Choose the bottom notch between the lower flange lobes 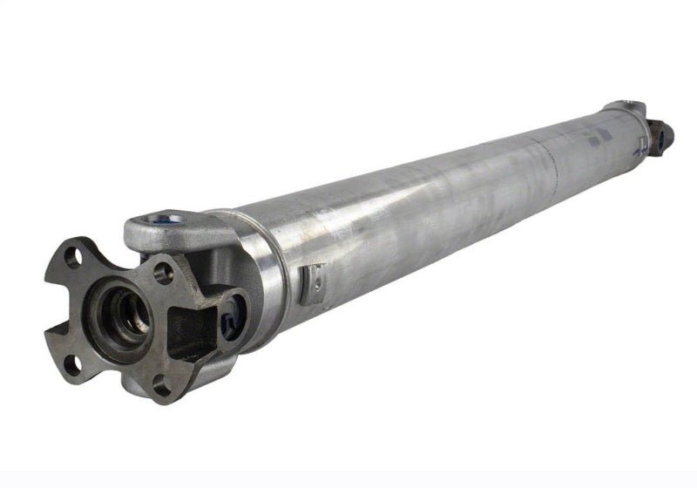118,383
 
